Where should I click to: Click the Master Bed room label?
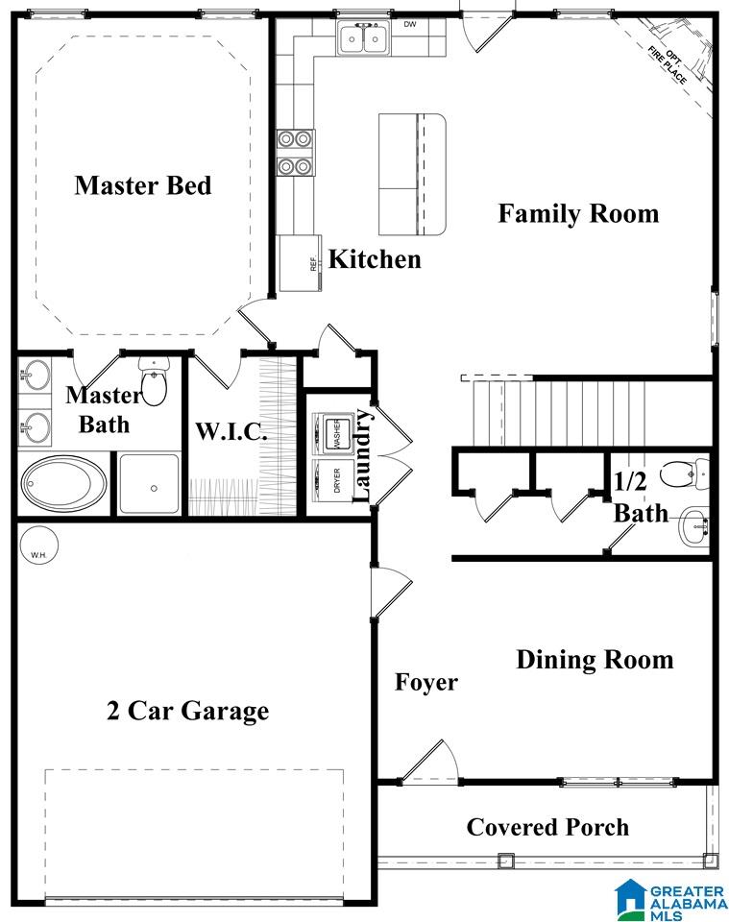point(143,185)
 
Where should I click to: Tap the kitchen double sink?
point(363,38)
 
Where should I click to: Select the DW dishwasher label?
point(410,24)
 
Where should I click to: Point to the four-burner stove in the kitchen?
point(295,153)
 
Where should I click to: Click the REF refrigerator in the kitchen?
point(300,263)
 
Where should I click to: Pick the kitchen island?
point(412,175)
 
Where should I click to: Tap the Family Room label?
point(578,213)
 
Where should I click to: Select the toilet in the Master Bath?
point(154,381)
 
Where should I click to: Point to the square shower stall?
point(149,484)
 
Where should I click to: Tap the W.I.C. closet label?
point(231,431)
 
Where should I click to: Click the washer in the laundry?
point(332,434)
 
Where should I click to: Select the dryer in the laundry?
point(332,480)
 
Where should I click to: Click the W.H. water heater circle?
point(38,546)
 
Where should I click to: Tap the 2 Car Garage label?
point(188,711)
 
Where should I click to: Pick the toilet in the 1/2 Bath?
point(686,473)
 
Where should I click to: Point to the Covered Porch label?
point(547,827)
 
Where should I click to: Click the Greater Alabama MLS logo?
point(670,900)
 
